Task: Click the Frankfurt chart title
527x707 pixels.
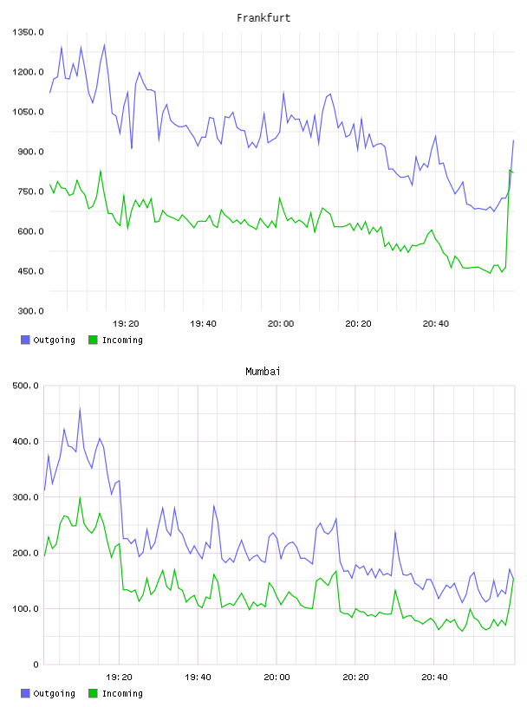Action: coord(263,17)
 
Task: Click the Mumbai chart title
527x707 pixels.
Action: coord(263,371)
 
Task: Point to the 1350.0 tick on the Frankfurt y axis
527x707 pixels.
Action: coord(28,32)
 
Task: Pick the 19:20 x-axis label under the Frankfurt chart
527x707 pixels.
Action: coord(126,323)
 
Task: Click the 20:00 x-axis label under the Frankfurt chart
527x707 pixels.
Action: coord(281,323)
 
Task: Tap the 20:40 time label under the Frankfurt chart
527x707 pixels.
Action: coord(436,323)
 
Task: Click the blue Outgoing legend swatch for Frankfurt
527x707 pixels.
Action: coord(25,340)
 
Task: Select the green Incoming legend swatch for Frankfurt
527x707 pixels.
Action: coord(93,340)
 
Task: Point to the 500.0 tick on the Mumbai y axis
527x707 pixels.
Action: coord(26,386)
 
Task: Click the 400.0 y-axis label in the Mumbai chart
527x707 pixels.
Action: coord(26,441)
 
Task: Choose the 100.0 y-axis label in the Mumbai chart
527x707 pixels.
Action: coord(26,609)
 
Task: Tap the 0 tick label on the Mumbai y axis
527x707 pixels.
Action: coord(36,665)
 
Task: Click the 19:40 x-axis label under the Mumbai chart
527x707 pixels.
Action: coord(198,677)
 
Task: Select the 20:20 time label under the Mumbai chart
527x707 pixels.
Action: coord(355,677)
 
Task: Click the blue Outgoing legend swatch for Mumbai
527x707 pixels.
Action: coord(25,693)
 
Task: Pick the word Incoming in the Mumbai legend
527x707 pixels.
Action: coord(122,693)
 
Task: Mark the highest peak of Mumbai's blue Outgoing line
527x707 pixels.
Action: coord(80,408)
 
